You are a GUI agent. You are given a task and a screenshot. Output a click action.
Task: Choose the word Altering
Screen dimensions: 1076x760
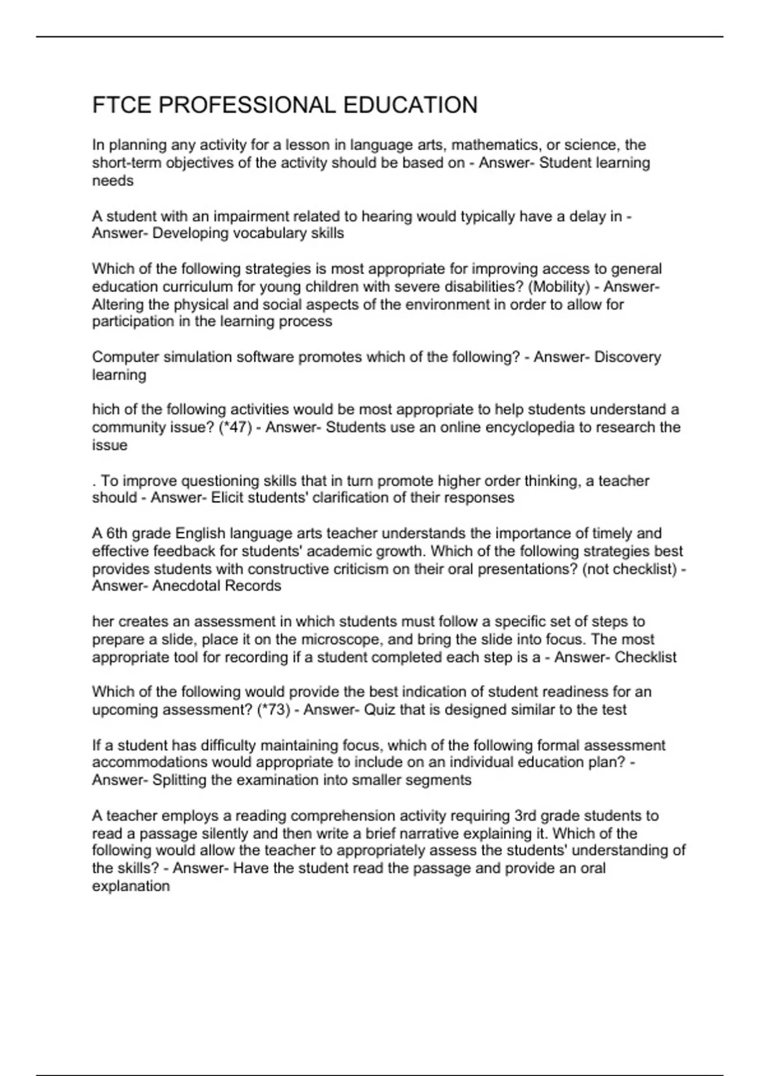point(118,304)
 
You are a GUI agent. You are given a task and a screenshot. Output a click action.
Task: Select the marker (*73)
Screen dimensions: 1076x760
point(274,710)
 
